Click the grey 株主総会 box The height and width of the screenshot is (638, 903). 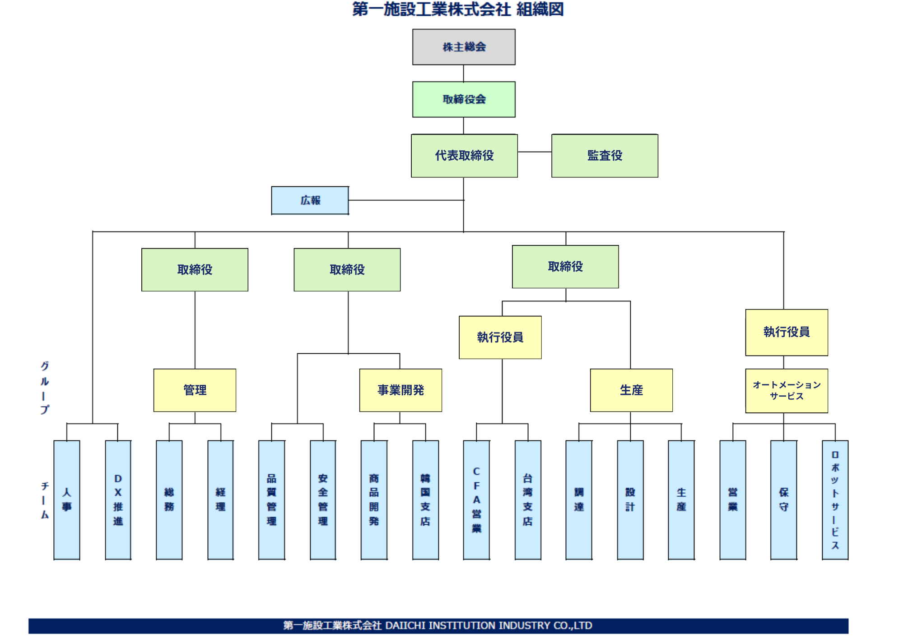click(x=464, y=47)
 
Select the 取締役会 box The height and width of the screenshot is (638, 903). click(x=464, y=99)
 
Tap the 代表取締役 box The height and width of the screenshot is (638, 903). click(x=464, y=156)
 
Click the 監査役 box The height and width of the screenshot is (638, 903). click(x=605, y=156)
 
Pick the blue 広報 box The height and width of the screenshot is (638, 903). click(x=310, y=200)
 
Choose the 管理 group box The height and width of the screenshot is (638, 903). click(x=195, y=390)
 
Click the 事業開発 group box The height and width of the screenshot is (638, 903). click(x=400, y=390)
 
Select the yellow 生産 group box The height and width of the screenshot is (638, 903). click(x=631, y=390)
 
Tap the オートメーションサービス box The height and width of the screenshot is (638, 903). click(x=787, y=391)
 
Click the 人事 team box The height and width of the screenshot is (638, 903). click(x=67, y=500)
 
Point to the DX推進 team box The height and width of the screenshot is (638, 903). click(x=118, y=500)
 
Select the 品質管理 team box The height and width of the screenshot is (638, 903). click(x=271, y=500)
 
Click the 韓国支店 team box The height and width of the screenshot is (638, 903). click(x=425, y=500)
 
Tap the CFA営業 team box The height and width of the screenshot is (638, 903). click(x=476, y=500)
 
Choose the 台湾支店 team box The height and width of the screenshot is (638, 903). click(x=528, y=500)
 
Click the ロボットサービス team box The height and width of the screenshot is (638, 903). click(x=835, y=500)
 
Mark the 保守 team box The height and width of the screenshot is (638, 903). click(x=784, y=500)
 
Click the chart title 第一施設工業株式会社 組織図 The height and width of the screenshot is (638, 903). click(x=458, y=9)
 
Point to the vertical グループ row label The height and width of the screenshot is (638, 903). click(x=44, y=388)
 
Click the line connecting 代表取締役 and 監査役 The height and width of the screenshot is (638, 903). click(x=535, y=152)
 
